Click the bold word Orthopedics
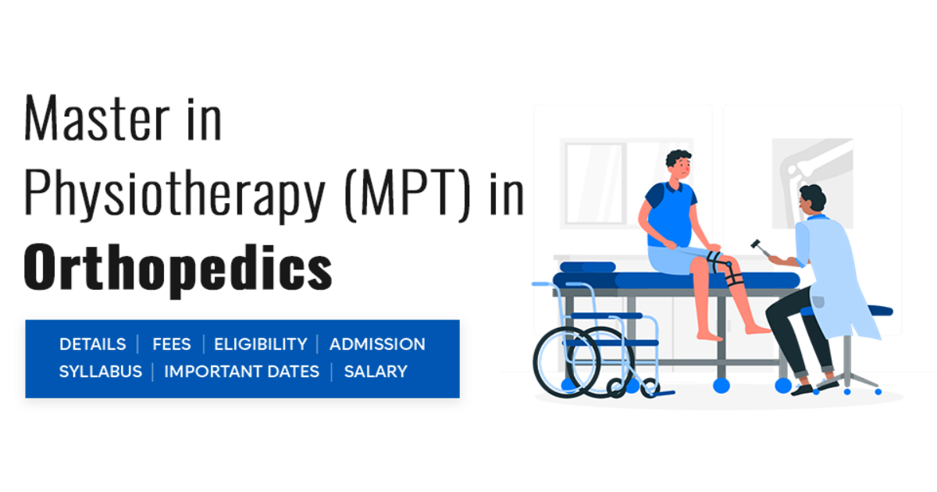coord(178,268)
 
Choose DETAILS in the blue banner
coord(92,344)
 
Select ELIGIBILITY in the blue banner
coord(260,344)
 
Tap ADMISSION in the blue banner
coord(377,344)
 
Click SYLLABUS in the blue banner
coord(101,372)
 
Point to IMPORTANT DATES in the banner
coord(241,372)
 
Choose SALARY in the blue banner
coord(376,372)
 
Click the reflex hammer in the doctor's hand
coord(758,247)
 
